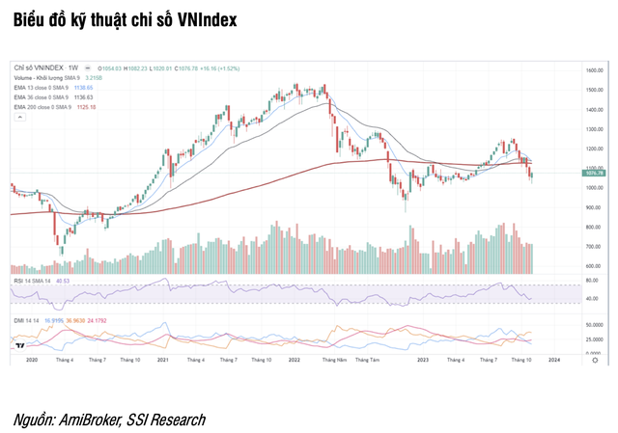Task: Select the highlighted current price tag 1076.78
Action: pos(594,172)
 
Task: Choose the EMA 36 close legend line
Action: pos(38,96)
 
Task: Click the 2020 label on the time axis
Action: pos(31,360)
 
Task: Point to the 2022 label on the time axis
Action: pos(295,360)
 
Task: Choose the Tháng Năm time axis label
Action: pos(335,360)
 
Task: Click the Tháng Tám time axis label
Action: pos(368,360)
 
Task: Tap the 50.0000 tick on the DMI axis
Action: pos(595,326)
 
